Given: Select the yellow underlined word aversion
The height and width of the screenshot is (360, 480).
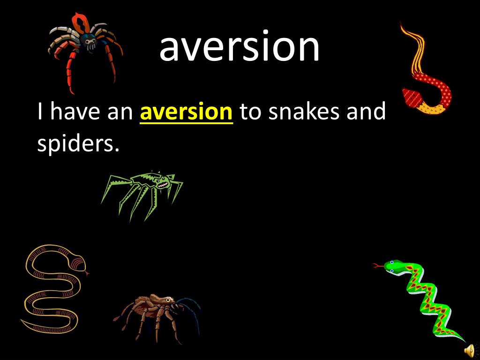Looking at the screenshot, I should pos(186,112).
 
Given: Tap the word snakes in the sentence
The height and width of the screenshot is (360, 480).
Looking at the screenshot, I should pos(304,112).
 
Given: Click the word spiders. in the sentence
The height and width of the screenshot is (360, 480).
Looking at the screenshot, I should pos(75,144).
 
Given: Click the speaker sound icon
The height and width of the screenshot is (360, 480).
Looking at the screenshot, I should pos(469,350).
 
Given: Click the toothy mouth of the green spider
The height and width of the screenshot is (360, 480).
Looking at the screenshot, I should pos(163,185).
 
